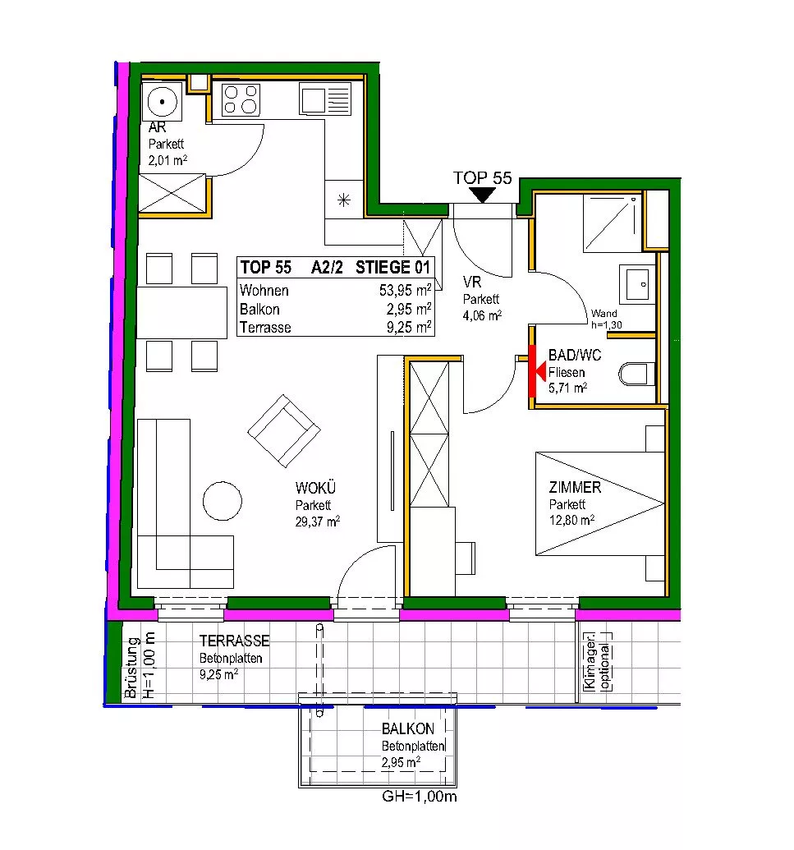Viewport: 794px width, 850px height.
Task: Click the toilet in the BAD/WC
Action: click(636, 374)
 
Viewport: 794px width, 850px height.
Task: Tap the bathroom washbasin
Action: click(637, 283)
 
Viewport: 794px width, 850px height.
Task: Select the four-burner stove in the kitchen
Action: click(241, 99)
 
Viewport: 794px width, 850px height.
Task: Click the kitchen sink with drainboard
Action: click(325, 99)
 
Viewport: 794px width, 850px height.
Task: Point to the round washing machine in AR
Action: click(162, 101)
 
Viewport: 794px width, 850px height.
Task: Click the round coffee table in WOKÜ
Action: click(223, 501)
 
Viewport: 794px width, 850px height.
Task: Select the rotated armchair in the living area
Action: click(284, 431)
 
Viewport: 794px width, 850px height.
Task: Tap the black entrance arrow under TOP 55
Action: click(482, 195)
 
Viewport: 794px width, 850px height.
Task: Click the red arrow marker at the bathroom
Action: click(536, 370)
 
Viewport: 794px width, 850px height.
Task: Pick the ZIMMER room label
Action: click(575, 487)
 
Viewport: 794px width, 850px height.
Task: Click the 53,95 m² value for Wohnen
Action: click(405, 290)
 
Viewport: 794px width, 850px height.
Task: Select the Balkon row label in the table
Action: click(259, 309)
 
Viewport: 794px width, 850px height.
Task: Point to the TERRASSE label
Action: click(234, 641)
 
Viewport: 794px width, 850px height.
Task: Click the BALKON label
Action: click(407, 728)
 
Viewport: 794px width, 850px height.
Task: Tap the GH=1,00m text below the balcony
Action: click(420, 797)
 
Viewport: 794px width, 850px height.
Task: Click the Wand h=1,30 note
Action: click(606, 319)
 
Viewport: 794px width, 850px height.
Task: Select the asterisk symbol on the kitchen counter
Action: click(343, 200)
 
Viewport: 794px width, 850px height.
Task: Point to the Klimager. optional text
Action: click(597, 663)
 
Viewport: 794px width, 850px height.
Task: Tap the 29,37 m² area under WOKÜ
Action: click(318, 521)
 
